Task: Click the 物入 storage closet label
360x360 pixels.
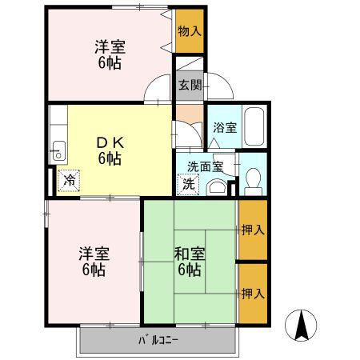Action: pos(190,31)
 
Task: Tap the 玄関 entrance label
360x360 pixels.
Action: pos(190,86)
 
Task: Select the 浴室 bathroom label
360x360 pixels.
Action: pos(225,127)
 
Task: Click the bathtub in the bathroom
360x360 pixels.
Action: pos(254,126)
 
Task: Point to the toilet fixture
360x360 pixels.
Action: pos(253,182)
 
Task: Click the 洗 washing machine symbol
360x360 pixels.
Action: pos(188,185)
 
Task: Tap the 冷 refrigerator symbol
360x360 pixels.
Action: pos(69,181)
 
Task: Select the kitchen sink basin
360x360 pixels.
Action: pos(59,150)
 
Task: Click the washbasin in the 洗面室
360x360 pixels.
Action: pos(217,187)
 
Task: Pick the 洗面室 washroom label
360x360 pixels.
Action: pos(205,167)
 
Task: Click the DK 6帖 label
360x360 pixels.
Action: pos(110,151)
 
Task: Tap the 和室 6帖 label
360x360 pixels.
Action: pos(190,262)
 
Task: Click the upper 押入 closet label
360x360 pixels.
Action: pos(253,230)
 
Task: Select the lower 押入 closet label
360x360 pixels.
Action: pos(253,294)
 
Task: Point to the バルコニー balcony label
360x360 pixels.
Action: pos(158,340)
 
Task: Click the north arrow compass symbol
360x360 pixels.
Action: pos(301,326)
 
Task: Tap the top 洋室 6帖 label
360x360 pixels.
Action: pos(110,54)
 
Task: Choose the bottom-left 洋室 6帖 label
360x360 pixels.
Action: pos(94,262)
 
